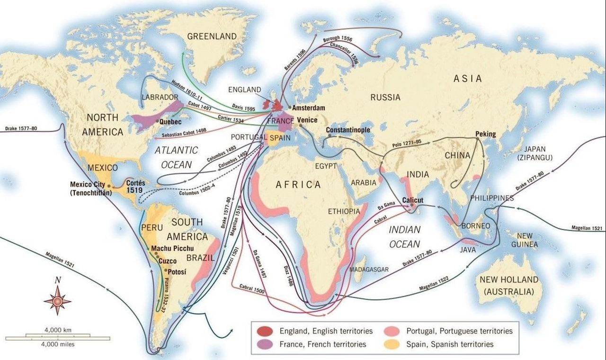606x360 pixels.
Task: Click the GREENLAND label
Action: pyautogui.click(x=212, y=36)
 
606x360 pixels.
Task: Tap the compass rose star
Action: pyautogui.click(x=57, y=300)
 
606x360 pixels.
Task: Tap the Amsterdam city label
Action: pyautogui.click(x=308, y=108)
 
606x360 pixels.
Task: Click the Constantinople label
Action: pyautogui.click(x=348, y=130)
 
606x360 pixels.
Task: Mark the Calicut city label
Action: pyautogui.click(x=412, y=200)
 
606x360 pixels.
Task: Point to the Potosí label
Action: pyautogui.click(x=177, y=271)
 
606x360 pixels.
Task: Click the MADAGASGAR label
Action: pyautogui.click(x=369, y=269)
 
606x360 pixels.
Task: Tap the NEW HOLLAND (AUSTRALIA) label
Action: pyautogui.click(x=509, y=285)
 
